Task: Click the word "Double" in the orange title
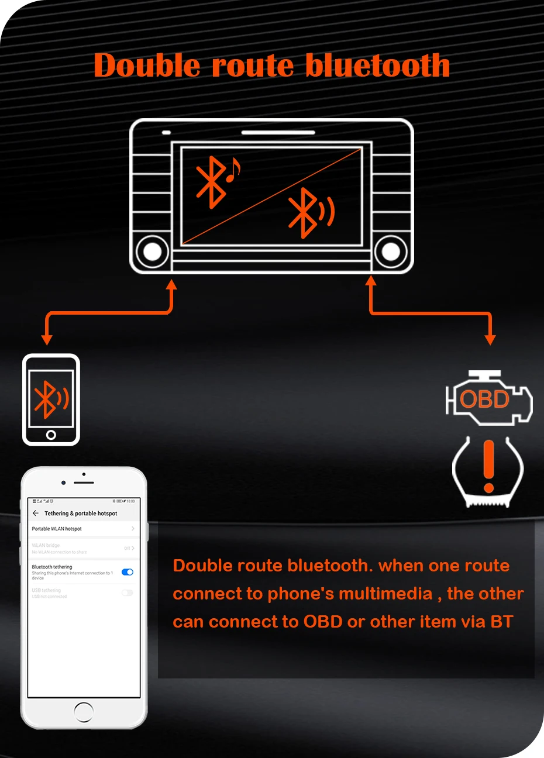tap(146, 65)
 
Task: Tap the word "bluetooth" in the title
tap(378, 65)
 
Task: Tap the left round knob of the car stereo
tap(152, 251)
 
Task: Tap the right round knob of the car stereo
tap(391, 251)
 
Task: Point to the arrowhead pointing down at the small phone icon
tap(47, 339)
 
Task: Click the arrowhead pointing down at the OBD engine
tap(490, 339)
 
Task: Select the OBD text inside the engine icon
tap(484, 399)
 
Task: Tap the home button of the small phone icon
tap(51, 435)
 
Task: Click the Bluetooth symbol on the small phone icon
tap(47, 399)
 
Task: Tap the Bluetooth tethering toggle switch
tap(128, 572)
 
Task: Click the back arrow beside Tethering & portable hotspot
tap(36, 513)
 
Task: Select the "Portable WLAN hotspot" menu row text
tap(57, 529)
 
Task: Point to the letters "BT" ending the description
tap(501, 622)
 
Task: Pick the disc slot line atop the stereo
tap(278, 133)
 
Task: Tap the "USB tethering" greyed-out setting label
tap(46, 590)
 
